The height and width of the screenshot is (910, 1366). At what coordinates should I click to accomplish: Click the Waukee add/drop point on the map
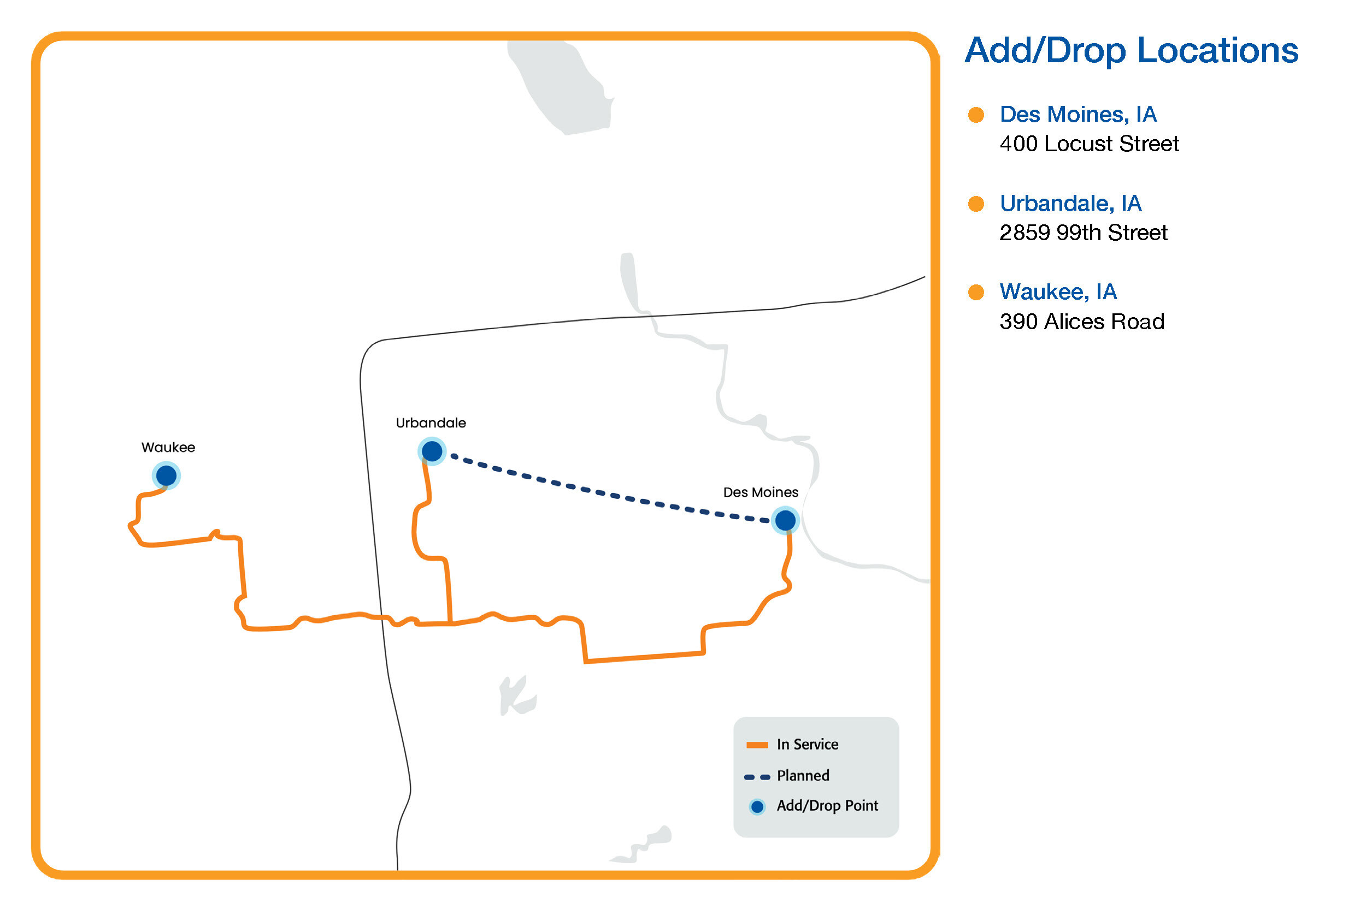166,476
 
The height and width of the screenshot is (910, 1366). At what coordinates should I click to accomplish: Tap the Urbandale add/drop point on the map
432,451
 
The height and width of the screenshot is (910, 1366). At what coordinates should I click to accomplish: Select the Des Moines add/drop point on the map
785,520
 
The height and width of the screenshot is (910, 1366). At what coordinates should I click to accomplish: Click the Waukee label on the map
168,448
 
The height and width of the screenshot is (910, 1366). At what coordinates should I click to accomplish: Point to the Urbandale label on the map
431,423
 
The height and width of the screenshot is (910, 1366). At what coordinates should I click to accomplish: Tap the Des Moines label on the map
760,492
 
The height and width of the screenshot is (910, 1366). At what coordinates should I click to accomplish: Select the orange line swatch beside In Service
757,745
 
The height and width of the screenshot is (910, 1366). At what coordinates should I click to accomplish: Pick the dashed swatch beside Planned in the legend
757,777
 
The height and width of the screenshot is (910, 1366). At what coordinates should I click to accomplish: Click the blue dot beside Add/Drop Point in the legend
757,807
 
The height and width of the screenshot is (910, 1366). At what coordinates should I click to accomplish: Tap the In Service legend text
807,745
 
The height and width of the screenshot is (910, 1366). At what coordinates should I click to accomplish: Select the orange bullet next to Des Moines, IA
976,115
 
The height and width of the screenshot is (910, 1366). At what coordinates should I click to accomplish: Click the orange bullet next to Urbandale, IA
976,204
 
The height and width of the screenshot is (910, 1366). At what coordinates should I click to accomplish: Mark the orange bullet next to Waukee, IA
976,292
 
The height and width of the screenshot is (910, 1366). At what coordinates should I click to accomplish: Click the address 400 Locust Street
1089,144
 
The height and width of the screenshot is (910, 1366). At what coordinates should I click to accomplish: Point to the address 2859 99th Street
1083,233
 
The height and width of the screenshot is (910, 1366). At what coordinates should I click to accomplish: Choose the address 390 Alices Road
1082,322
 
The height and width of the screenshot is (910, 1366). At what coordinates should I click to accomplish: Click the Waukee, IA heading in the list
1058,292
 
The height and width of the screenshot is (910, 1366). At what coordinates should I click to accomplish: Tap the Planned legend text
803,776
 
